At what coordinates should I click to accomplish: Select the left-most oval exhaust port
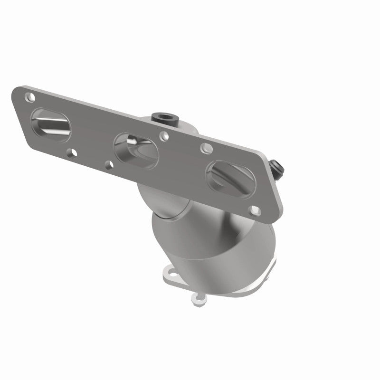52,124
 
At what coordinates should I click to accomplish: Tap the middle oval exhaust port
135,150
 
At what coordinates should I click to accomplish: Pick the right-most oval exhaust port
228,178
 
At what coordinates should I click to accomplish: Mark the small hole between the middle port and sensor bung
164,136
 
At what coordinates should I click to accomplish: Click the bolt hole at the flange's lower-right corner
254,209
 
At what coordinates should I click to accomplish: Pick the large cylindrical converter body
209,247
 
